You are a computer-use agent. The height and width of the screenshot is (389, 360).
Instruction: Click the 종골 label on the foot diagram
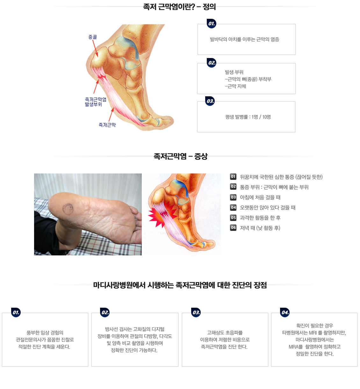click(x=92, y=37)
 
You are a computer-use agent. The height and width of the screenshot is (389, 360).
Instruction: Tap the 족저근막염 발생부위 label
click(x=95, y=102)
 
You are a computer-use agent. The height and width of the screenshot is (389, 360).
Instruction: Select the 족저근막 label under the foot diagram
click(x=107, y=125)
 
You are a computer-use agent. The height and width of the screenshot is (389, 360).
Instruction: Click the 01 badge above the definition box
click(x=212, y=24)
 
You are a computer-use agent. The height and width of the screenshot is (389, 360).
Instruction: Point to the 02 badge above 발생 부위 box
click(x=212, y=63)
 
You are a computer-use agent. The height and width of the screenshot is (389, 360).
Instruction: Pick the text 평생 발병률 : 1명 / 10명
click(x=248, y=117)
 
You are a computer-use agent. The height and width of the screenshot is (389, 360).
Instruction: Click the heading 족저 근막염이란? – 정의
click(x=179, y=7)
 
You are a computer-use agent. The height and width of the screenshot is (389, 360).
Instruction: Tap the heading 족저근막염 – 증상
click(x=180, y=156)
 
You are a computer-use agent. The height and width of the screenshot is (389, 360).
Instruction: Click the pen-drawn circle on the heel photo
click(x=68, y=209)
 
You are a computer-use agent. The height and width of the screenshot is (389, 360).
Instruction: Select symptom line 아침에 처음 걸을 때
click(x=260, y=197)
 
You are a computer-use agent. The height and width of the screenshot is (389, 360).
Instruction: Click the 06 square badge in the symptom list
click(x=233, y=228)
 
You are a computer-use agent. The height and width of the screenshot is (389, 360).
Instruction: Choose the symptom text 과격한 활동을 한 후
click(x=260, y=218)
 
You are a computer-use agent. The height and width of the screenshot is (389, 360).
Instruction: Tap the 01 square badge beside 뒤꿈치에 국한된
click(x=233, y=177)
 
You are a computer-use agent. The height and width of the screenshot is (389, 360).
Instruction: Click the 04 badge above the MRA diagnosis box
click(x=285, y=312)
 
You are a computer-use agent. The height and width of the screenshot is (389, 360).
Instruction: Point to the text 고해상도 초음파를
click(x=225, y=333)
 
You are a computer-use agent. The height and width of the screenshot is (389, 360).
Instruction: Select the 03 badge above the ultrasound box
click(x=196, y=312)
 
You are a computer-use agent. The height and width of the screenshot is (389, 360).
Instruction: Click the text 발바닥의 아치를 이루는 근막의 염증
click(x=244, y=40)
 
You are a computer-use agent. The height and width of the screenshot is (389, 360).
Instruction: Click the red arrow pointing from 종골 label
click(x=95, y=48)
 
